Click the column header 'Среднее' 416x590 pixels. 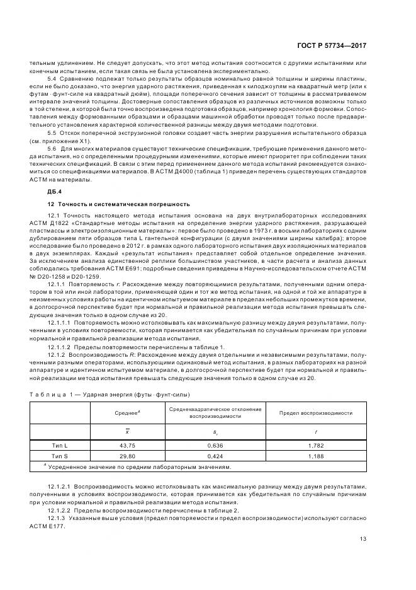point(128,412)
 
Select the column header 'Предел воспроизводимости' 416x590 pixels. point(316,412)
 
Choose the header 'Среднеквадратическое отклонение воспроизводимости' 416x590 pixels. point(215,412)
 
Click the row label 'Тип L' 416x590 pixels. point(60,444)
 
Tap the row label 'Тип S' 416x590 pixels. point(60,455)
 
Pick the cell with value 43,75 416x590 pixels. point(128,444)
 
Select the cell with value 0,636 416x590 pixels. point(215,444)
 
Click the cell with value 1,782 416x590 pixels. point(316,444)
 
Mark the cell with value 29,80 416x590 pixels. point(128,455)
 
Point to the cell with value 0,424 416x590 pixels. point(215,455)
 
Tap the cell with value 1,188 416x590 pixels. point(316,455)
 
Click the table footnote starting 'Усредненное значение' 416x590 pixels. point(140,467)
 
